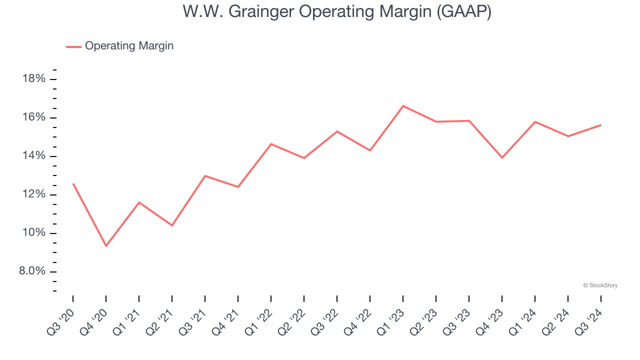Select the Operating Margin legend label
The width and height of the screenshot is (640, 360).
(129, 46)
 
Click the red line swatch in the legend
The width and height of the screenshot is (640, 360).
(73, 46)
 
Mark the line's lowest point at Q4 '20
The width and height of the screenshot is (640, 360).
(106, 246)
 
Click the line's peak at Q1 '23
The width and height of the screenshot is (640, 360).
(403, 105)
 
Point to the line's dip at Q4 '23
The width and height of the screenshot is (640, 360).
(502, 157)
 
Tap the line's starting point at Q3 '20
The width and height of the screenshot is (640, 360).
(73, 183)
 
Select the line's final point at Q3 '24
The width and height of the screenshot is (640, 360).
(600, 125)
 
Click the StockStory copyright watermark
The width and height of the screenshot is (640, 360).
(600, 285)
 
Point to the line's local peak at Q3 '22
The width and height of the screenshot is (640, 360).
(337, 131)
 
